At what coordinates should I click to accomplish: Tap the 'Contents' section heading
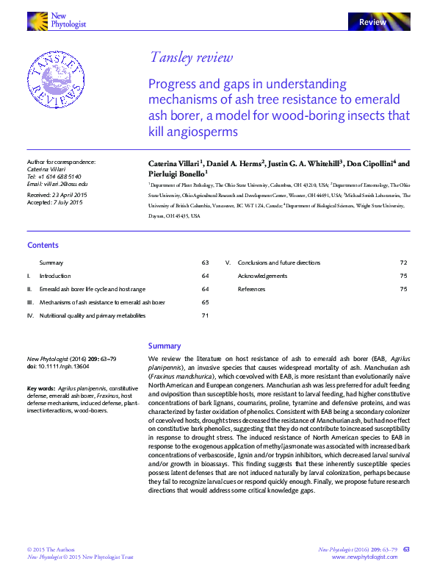[43, 245]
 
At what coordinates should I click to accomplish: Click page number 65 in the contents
[206, 302]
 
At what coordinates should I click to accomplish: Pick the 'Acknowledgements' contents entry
[262, 276]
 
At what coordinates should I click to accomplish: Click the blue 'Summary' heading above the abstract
[164, 346]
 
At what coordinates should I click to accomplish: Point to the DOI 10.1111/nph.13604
[63, 365]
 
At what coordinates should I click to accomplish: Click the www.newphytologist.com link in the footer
[365, 557]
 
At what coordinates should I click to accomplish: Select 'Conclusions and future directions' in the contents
[279, 262]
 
